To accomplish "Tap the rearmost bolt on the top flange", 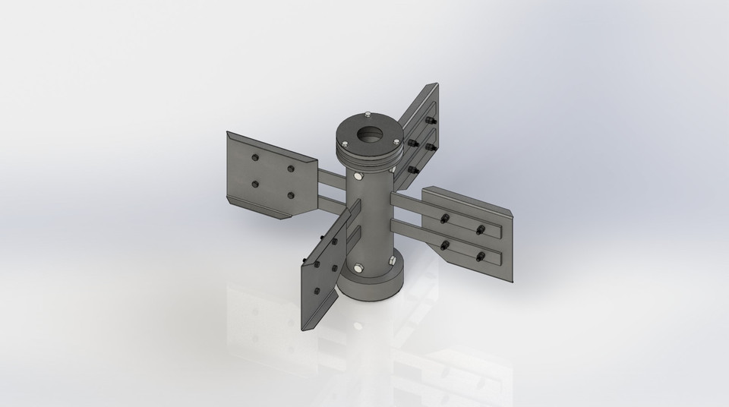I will (x=368, y=115).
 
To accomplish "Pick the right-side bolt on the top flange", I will (x=396, y=140).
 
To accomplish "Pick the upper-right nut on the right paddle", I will (x=480, y=230).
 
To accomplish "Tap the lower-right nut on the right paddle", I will (x=481, y=257).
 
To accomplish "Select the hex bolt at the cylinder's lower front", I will (x=358, y=267).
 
